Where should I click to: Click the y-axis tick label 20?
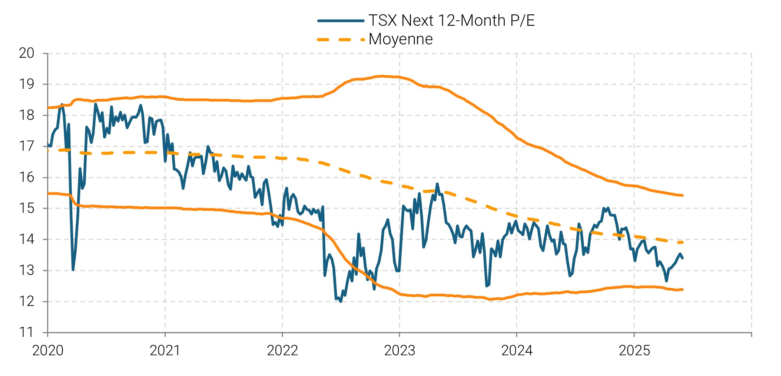(x=26, y=53)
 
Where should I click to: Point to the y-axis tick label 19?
(x=26, y=84)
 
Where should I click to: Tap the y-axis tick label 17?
(x=26, y=147)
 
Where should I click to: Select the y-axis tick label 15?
(x=26, y=208)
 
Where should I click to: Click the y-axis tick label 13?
(x=26, y=271)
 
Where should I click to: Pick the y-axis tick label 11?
(x=26, y=332)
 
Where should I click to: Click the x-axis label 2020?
(x=47, y=351)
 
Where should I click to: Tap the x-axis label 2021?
(x=165, y=351)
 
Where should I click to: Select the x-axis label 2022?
(x=282, y=351)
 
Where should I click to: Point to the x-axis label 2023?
(x=400, y=351)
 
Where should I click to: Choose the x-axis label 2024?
(x=517, y=351)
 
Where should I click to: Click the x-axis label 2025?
(x=634, y=351)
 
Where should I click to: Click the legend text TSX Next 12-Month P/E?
(x=451, y=21)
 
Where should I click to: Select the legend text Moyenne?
(x=400, y=39)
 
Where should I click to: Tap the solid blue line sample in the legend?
(x=340, y=21)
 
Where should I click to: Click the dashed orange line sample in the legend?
(x=340, y=39)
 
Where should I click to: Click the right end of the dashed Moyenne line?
(x=683, y=242)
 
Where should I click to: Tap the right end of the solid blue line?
(x=683, y=258)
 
